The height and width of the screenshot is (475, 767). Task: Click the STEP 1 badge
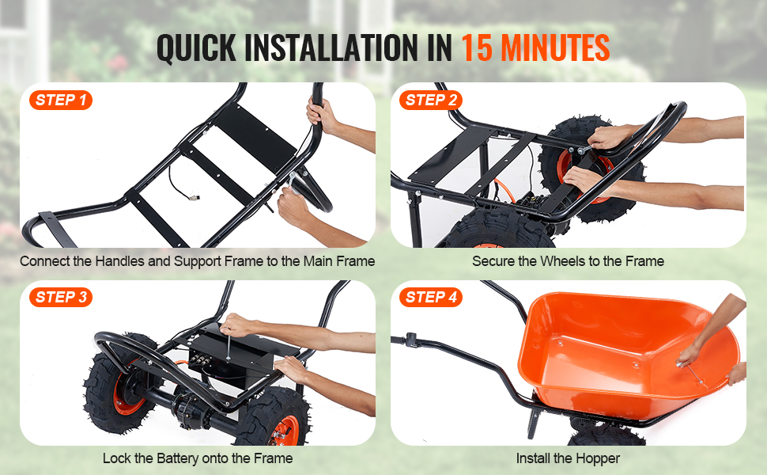pos(61,101)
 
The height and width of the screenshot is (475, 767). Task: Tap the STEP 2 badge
pos(431,101)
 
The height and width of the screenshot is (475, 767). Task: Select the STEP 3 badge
pos(61,297)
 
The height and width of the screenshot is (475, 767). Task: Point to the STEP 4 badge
pos(431,297)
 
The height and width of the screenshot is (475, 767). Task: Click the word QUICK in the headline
pos(196,48)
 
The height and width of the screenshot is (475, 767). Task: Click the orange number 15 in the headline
pos(477,47)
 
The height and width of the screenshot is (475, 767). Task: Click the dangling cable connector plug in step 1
pos(194,197)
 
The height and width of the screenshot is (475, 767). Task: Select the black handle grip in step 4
pos(410,340)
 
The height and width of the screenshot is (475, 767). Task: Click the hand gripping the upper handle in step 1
pos(321,115)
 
